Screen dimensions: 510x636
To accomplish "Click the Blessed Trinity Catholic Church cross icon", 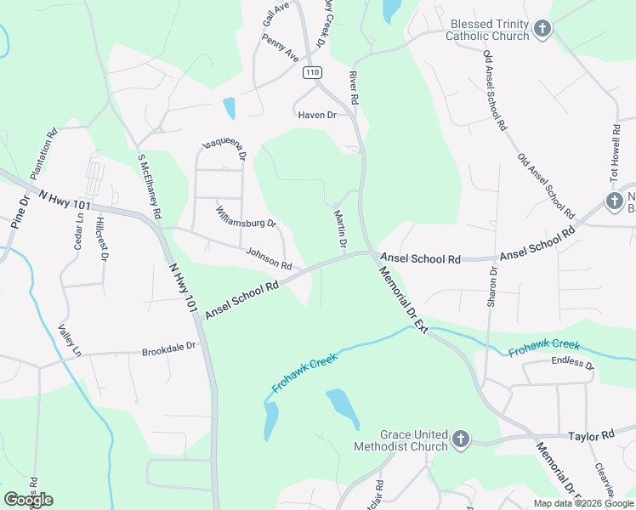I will click(x=542, y=30).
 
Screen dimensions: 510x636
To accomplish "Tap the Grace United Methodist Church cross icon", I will click(x=460, y=439).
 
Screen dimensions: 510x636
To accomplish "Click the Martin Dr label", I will click(x=340, y=229).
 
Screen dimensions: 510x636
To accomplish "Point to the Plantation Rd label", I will click(x=43, y=153).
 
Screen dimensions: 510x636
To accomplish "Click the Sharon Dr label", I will click(x=491, y=287).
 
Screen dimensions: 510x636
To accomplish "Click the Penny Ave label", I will click(x=281, y=48).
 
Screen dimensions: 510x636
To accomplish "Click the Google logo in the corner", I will click(x=28, y=500).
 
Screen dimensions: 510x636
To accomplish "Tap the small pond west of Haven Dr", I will click(x=229, y=108).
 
